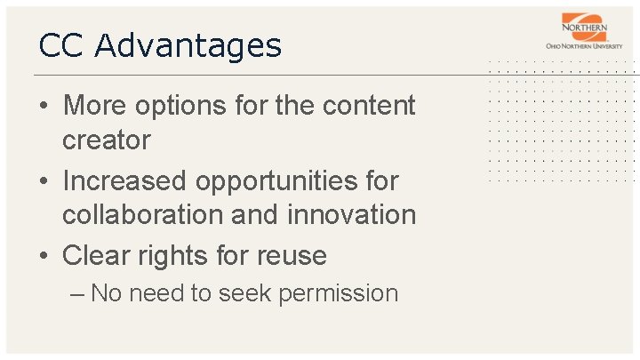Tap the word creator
[106, 140]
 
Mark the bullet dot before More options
[44, 107]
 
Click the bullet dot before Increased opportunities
[44, 181]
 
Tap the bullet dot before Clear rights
[44, 257]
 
